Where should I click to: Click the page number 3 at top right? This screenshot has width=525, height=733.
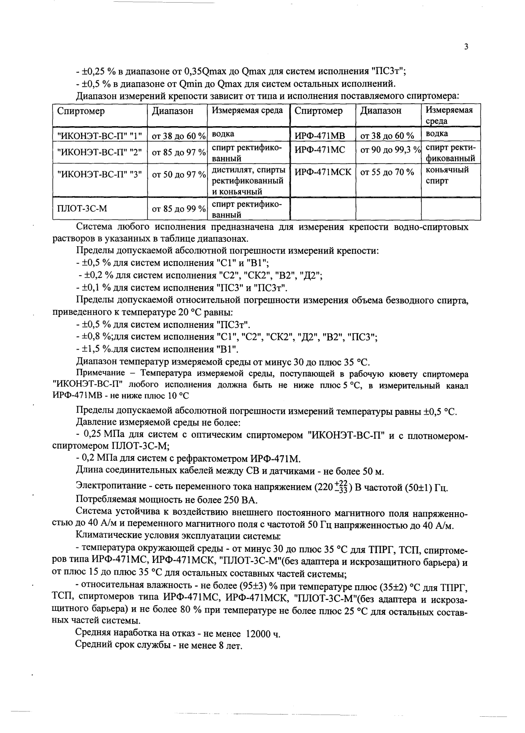[x=466, y=47]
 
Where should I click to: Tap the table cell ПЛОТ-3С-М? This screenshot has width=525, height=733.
[x=82, y=208]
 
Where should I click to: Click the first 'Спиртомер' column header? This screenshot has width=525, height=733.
[x=81, y=111]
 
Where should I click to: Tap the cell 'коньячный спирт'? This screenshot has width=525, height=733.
[x=447, y=175]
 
